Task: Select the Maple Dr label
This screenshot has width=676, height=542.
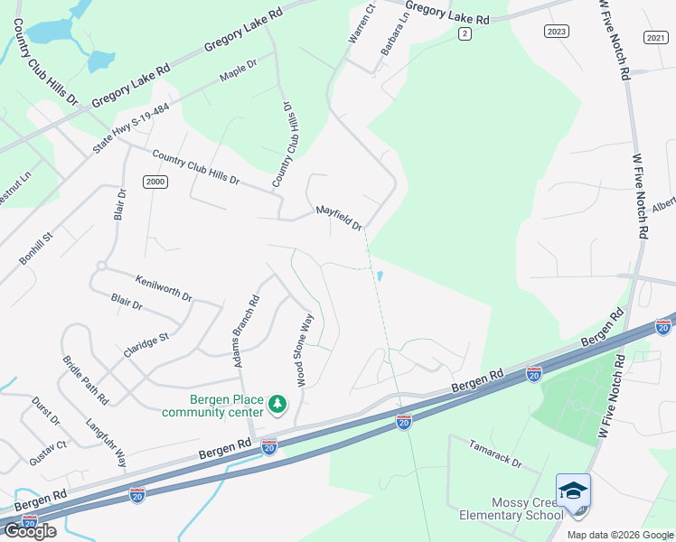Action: pos(239,70)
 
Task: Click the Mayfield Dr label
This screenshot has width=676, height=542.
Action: pos(339,218)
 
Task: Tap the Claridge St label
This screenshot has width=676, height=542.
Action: pos(147,349)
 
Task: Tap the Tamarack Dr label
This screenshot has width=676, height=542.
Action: pos(495,453)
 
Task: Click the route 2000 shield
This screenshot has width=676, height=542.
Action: pos(155,182)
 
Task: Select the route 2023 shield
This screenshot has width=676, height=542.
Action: pos(557,32)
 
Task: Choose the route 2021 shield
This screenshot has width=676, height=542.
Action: pos(655,37)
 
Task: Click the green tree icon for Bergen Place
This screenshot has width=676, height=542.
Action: pos(278,403)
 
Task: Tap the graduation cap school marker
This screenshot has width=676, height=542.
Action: pos(573,491)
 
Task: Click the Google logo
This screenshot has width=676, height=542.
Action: pos(30,530)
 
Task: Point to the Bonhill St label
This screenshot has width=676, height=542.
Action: pos(37,248)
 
